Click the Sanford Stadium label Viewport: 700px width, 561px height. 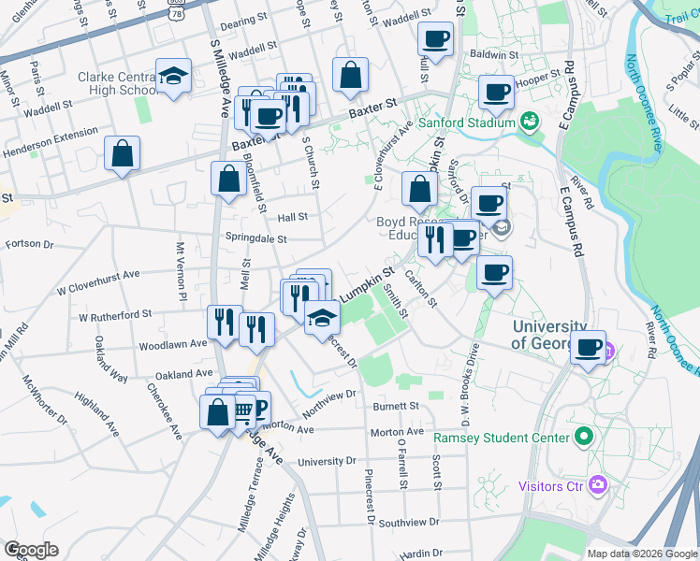(x=467, y=122)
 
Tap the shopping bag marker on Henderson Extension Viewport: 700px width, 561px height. (x=123, y=155)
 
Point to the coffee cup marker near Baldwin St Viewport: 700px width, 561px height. (x=436, y=40)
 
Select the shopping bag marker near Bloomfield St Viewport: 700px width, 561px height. (x=229, y=177)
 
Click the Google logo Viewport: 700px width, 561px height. (x=31, y=550)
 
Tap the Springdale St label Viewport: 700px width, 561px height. (x=255, y=238)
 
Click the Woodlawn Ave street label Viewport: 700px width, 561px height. (x=173, y=344)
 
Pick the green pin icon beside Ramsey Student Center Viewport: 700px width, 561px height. (x=584, y=437)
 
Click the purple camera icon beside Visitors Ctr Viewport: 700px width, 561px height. (x=599, y=485)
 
